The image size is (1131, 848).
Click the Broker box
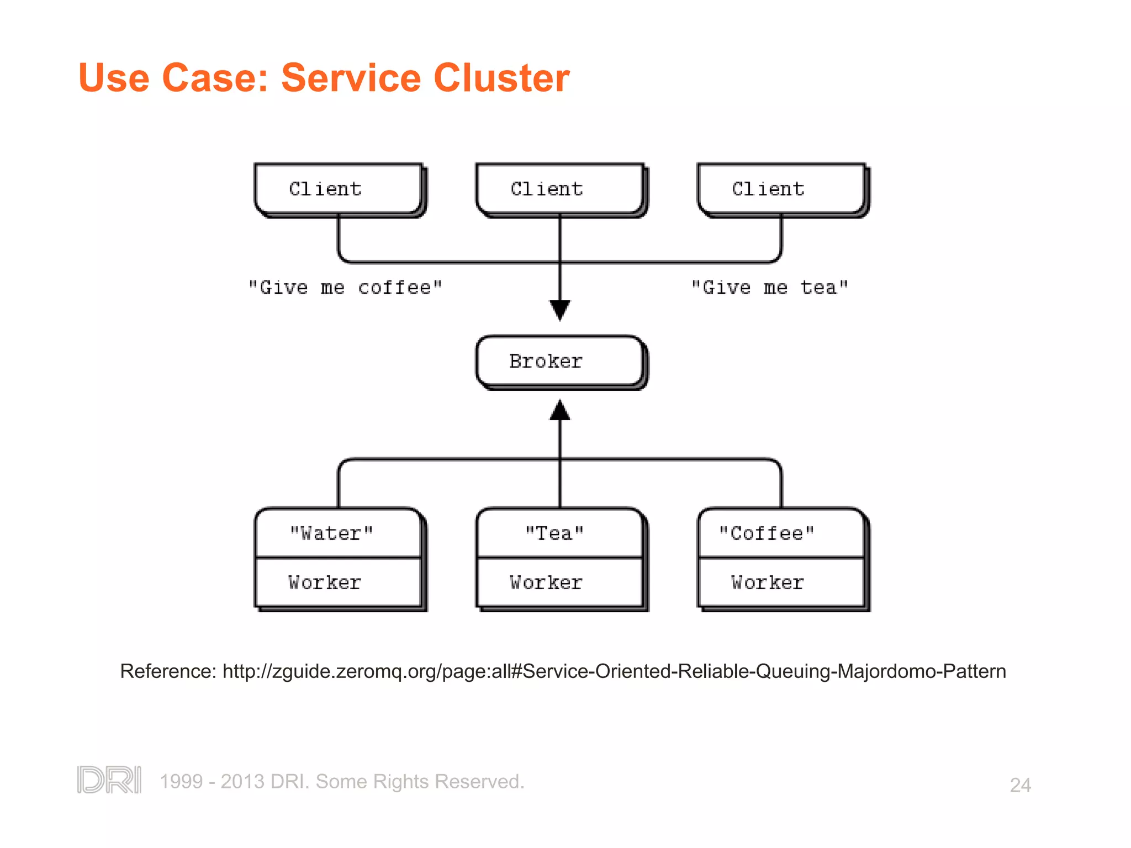pyautogui.click(x=560, y=362)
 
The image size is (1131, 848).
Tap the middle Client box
pyautogui.click(x=560, y=189)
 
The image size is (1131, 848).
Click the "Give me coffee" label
pyautogui.click(x=345, y=288)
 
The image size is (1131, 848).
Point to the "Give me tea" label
pyautogui.click(x=769, y=288)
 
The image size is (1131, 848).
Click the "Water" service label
pyautogui.click(x=331, y=533)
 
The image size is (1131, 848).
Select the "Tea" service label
pyautogui.click(x=554, y=533)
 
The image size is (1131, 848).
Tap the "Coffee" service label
pyautogui.click(x=767, y=533)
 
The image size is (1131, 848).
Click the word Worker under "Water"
pyautogui.click(x=325, y=582)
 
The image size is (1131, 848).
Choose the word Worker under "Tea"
pyautogui.click(x=546, y=582)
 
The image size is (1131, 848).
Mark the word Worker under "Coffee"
pyautogui.click(x=768, y=582)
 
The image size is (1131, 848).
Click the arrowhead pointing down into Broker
pyautogui.click(x=560, y=310)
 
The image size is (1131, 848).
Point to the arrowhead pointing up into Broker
pyautogui.click(x=560, y=410)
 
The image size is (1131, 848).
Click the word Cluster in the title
pyautogui.click(x=501, y=78)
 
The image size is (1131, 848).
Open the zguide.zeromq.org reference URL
pyautogui.click(x=614, y=671)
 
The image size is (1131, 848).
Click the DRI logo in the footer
pyautogui.click(x=109, y=780)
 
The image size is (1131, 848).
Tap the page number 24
pyautogui.click(x=1020, y=785)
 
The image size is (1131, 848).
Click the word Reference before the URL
pyautogui.click(x=167, y=671)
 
